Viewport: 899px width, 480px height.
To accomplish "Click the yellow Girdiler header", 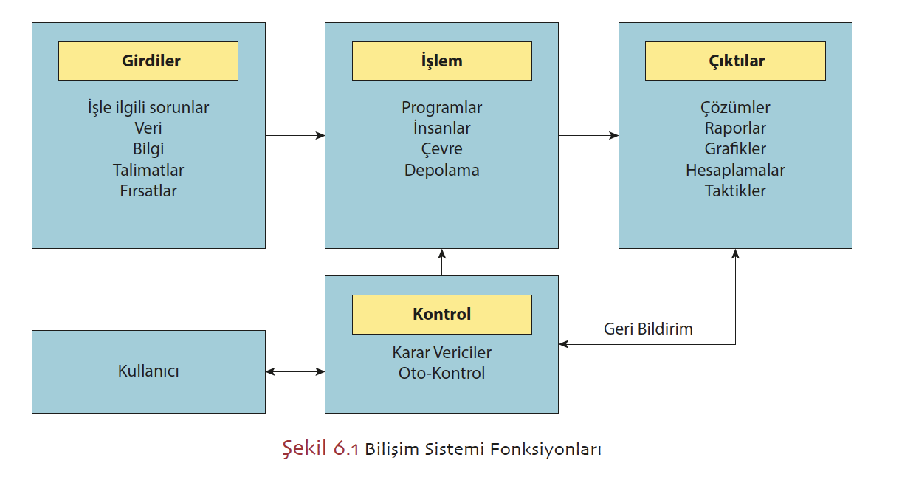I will [148, 61].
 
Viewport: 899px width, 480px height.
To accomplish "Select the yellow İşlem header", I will [441, 61].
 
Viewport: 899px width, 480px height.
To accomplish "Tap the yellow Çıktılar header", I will [735, 61].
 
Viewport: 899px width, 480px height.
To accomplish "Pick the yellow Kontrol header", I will [441, 314].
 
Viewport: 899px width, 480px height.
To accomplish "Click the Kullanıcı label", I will [148, 371].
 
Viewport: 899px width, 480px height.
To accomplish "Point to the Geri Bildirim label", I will [648, 329].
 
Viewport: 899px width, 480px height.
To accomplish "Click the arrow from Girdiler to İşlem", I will [294, 135].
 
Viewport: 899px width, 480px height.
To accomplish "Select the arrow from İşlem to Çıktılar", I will [588, 135].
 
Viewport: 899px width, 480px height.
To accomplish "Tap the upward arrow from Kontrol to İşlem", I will [441, 262].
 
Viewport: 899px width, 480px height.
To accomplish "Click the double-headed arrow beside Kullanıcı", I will [295, 371].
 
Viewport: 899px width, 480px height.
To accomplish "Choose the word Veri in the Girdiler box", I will [148, 128].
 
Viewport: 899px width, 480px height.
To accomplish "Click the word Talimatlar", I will [148, 170].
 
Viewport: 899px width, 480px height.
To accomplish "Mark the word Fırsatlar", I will [148, 191].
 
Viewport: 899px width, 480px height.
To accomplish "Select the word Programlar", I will [441, 108].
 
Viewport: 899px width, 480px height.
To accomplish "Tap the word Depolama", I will [441, 170].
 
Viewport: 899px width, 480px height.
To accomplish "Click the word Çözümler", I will [735, 108].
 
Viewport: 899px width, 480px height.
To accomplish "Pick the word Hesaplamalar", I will [735, 170].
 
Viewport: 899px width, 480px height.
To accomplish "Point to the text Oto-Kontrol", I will [441, 373].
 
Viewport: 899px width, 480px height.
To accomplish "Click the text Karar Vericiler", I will [441, 353].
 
